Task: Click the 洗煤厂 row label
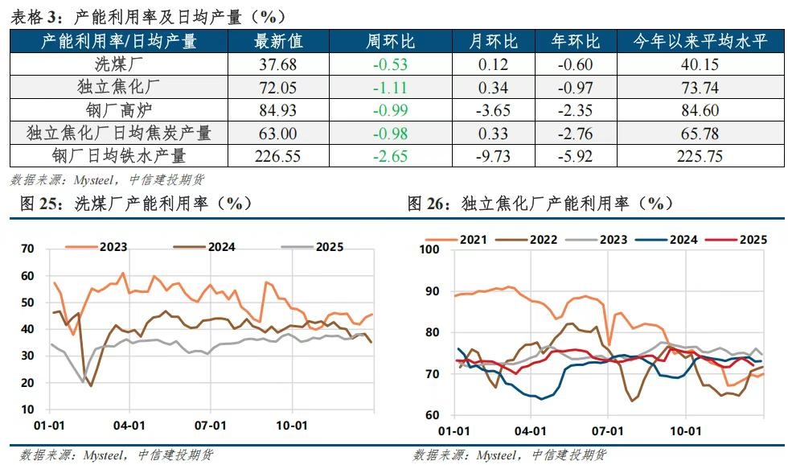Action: (x=119, y=65)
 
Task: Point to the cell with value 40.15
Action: (x=698, y=65)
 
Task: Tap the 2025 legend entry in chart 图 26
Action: (x=752, y=239)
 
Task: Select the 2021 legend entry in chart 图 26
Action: (x=472, y=239)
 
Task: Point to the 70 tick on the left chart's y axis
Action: (x=27, y=249)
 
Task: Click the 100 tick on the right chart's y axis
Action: (x=428, y=249)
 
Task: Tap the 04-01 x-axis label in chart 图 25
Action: (x=129, y=426)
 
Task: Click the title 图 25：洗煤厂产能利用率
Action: (x=133, y=204)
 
